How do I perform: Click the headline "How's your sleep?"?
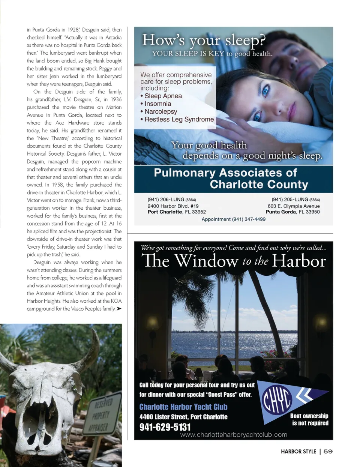204,40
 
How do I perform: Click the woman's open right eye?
265,90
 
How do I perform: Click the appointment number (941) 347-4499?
233,219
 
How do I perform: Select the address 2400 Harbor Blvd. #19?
173,206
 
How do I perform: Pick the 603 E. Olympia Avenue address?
293,206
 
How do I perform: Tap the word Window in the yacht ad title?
206,260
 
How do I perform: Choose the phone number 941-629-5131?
165,427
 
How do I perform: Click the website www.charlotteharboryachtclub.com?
233,435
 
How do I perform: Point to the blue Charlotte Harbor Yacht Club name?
183,407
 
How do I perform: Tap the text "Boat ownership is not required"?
309,419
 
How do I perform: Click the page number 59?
328,451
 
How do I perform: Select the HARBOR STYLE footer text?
298,451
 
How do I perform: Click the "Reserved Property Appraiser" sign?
101,414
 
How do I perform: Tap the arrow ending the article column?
119,309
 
